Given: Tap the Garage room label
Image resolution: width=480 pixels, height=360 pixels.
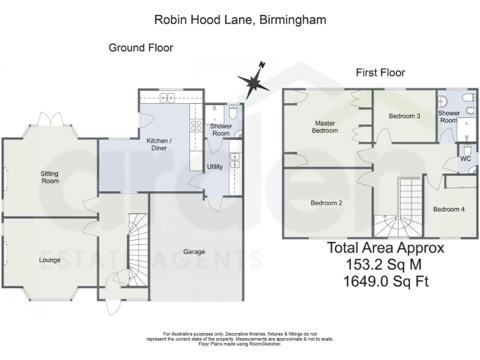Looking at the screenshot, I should (x=194, y=252).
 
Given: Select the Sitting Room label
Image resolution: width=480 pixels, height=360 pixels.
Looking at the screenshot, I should (x=50, y=177).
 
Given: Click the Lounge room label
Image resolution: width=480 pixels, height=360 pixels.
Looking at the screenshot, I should (x=49, y=259).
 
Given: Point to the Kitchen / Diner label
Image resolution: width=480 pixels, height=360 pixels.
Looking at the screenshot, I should (x=159, y=144).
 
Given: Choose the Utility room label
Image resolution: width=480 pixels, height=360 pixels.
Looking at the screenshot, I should (x=215, y=167).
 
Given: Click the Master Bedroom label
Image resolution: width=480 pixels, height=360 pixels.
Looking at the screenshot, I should (x=326, y=127).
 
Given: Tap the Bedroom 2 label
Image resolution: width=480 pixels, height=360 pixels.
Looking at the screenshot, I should (x=327, y=203).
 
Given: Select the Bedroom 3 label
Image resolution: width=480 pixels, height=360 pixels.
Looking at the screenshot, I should (x=404, y=116).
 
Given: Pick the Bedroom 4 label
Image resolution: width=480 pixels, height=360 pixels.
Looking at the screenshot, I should (x=449, y=209).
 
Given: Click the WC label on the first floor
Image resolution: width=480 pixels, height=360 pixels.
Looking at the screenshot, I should (x=466, y=159).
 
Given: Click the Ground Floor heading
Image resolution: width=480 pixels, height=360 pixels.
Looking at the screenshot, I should (x=141, y=47).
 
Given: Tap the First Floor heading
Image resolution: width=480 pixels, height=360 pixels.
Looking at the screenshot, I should (x=380, y=72).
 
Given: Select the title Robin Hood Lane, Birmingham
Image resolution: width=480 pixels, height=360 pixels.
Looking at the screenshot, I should (x=240, y=19).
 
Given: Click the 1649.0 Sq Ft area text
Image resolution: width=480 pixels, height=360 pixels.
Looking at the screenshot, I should (x=386, y=281).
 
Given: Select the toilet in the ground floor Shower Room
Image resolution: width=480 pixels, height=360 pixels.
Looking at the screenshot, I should (x=232, y=112).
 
